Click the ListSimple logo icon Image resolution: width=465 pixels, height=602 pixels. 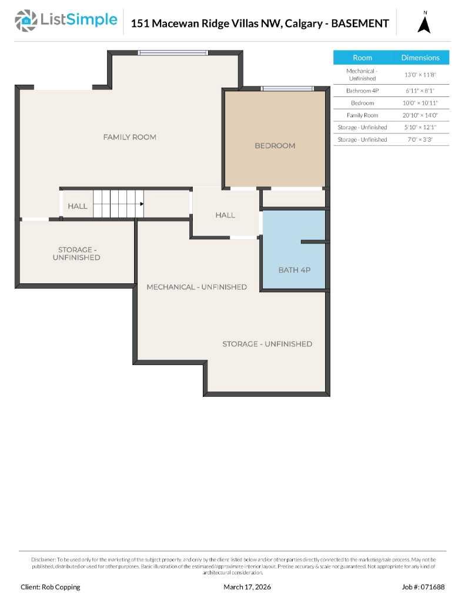point(25,21)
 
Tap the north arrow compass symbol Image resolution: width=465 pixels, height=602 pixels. point(424,24)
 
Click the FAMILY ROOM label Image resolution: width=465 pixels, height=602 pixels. point(129,137)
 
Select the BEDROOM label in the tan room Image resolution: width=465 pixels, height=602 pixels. point(275,145)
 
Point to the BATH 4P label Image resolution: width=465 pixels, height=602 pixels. point(294,270)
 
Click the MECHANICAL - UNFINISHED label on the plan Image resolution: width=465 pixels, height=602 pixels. point(196,287)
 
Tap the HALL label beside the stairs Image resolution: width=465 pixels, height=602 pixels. point(77,206)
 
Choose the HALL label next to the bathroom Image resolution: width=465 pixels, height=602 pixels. point(225,215)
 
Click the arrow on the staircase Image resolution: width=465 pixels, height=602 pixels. point(141,204)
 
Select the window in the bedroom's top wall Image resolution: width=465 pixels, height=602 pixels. point(287,89)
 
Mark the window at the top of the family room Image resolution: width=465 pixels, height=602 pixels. point(173,53)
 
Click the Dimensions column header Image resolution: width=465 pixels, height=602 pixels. point(420,58)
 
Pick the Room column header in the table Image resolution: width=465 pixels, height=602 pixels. point(362,58)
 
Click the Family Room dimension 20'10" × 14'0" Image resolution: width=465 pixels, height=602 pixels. point(420,115)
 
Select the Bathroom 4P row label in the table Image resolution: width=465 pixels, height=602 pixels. point(362,91)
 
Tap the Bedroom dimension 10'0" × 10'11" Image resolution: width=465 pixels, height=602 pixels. point(420,103)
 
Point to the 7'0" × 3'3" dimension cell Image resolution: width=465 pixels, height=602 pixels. point(420,139)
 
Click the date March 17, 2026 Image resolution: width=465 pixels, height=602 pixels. point(247,587)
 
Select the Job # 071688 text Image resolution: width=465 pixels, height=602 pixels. point(423,587)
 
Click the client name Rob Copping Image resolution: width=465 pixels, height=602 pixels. point(51,587)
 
